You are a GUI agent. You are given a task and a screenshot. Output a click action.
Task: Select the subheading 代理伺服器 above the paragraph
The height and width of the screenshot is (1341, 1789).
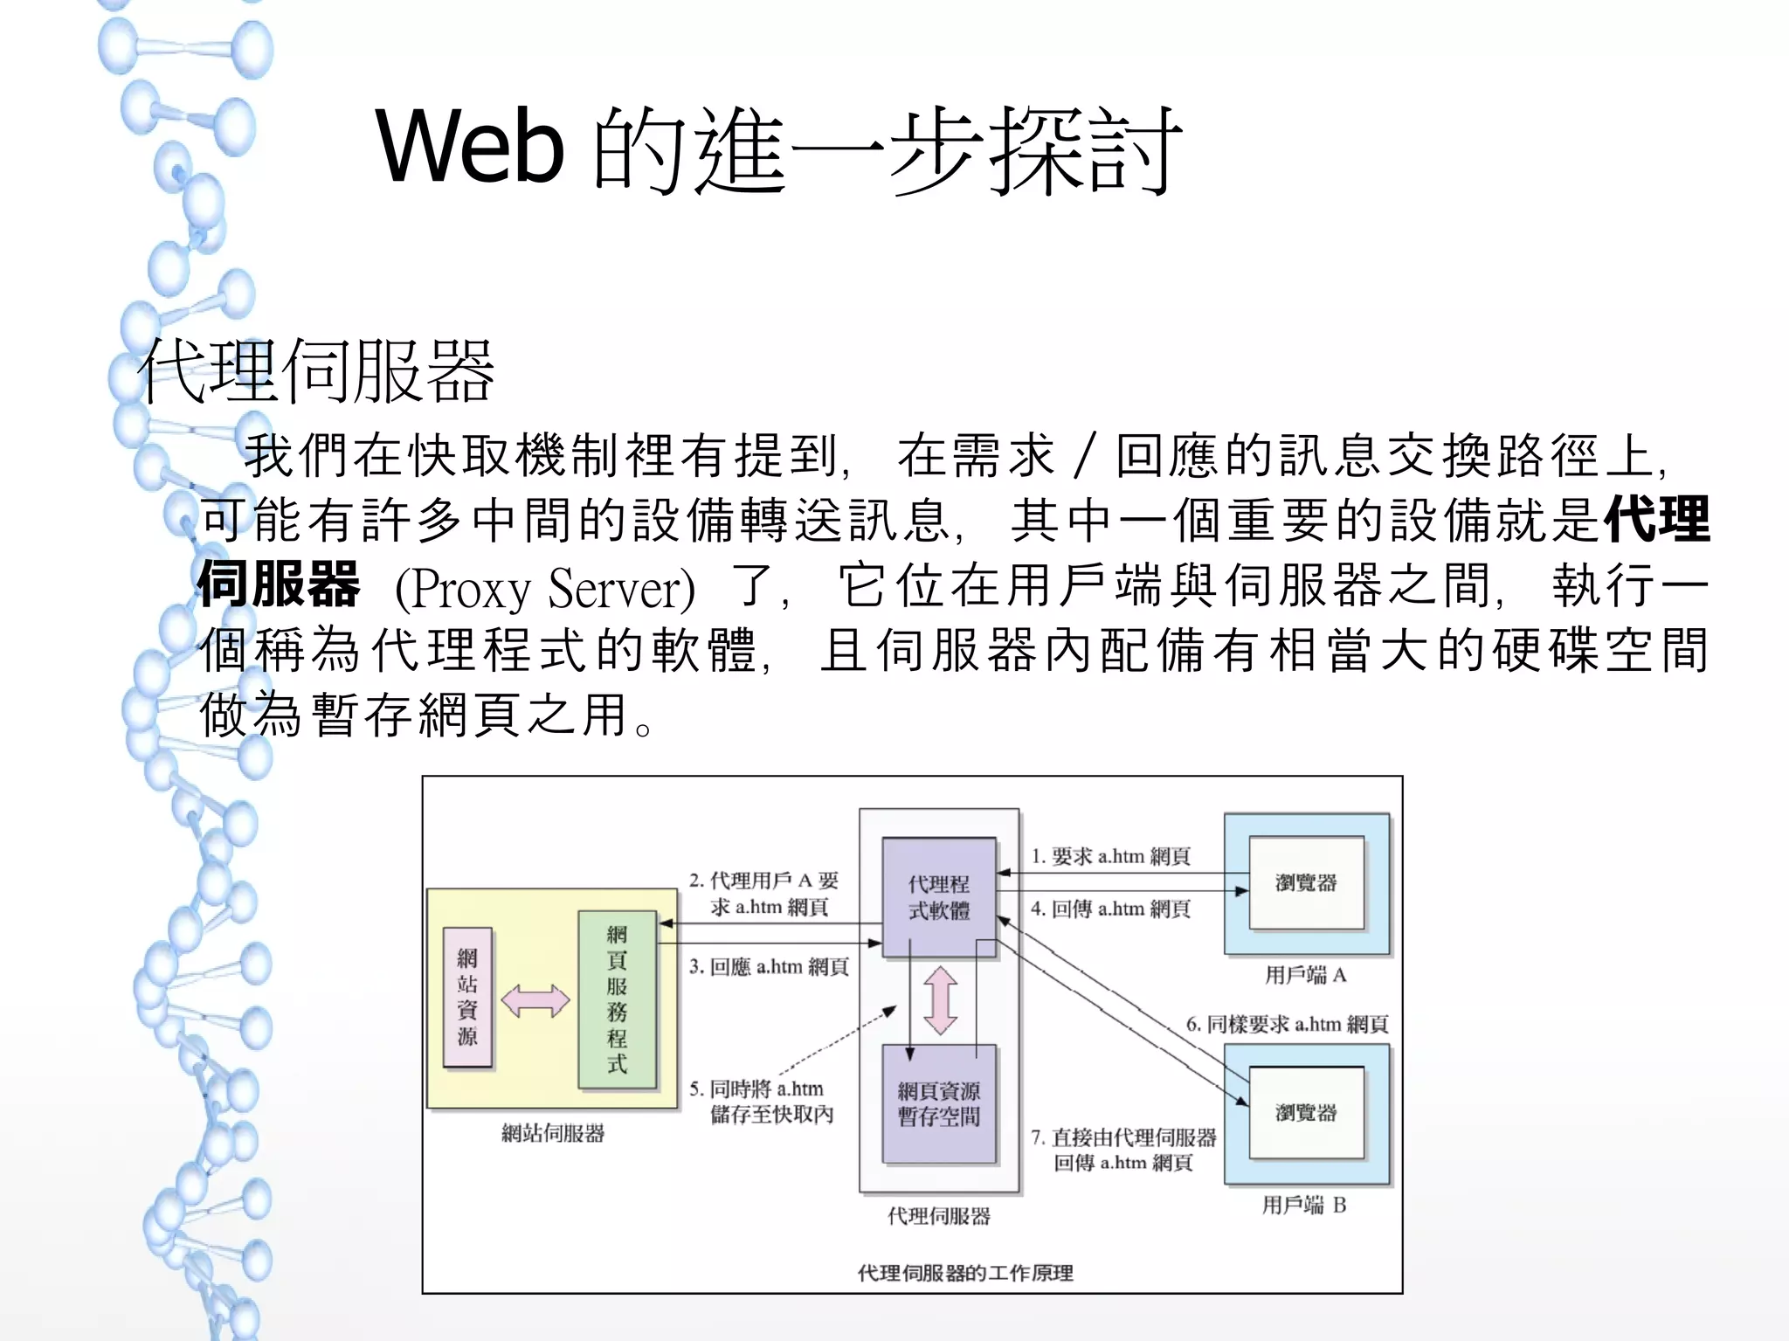pyautogui.click(x=316, y=371)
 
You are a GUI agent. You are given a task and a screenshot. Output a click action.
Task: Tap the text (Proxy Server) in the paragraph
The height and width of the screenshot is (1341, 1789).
pyautogui.click(x=545, y=588)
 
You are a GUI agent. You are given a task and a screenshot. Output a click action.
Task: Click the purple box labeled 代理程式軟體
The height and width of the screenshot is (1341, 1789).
pyautogui.click(x=939, y=897)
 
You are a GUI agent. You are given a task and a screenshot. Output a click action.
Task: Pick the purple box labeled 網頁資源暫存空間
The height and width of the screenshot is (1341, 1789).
pyautogui.click(x=939, y=1103)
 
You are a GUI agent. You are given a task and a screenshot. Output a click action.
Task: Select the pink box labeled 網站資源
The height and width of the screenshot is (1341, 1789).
pyautogui.click(x=467, y=997)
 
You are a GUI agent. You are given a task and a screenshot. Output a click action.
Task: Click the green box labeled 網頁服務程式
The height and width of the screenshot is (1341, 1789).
pyautogui.click(x=618, y=999)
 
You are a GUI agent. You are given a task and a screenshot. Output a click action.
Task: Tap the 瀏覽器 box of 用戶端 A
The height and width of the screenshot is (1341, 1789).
pyautogui.click(x=1306, y=882)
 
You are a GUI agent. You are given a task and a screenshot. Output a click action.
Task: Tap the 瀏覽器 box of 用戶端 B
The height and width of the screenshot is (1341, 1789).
pyautogui.click(x=1306, y=1112)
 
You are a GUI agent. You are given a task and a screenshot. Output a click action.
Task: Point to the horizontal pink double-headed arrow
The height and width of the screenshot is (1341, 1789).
pyautogui.click(x=535, y=1000)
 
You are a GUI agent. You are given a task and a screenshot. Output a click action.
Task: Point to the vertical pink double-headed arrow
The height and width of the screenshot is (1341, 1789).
pyautogui.click(x=940, y=1000)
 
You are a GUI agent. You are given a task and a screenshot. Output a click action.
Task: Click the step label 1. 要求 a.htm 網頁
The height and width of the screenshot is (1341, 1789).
pyautogui.click(x=1110, y=856)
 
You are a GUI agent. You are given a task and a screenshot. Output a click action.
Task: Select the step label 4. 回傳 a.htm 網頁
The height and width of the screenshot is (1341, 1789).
pyautogui.click(x=1110, y=909)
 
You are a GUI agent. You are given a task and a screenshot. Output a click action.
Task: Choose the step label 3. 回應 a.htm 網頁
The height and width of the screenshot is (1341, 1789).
pyautogui.click(x=769, y=966)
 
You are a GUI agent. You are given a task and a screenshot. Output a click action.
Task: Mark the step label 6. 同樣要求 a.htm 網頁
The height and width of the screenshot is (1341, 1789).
pyautogui.click(x=1287, y=1024)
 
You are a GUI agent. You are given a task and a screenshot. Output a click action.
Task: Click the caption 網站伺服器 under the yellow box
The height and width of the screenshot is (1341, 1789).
pyautogui.click(x=553, y=1133)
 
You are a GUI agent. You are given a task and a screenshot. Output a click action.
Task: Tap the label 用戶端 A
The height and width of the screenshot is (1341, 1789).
pyautogui.click(x=1306, y=974)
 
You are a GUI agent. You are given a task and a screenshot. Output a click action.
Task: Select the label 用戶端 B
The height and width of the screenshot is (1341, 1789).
pyautogui.click(x=1304, y=1205)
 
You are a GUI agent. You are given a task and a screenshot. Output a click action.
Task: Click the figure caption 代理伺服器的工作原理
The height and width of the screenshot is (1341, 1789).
pyautogui.click(x=965, y=1273)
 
